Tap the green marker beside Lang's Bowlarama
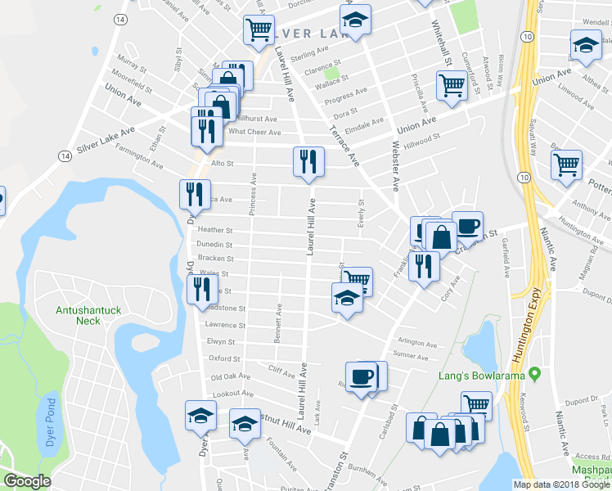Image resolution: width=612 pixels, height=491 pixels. tap(535, 375)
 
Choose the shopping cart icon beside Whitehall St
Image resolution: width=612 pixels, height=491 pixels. tap(452, 85)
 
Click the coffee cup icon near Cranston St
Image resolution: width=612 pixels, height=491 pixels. tap(467, 225)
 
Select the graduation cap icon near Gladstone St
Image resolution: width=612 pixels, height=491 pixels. tap(347, 300)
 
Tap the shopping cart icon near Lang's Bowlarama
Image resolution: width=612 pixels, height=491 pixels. tap(475, 404)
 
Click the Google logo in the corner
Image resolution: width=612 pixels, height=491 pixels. tap(27, 481)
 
